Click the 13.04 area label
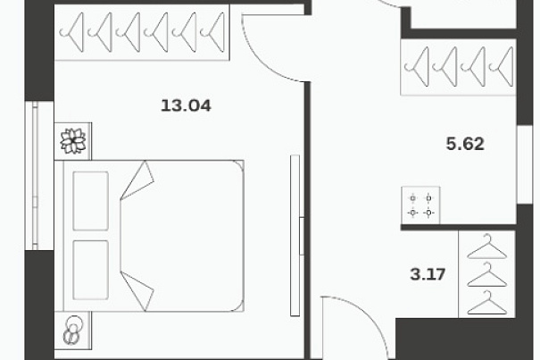click(186, 105)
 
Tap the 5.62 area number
click(465, 144)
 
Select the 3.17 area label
click(428, 274)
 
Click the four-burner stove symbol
click(420, 205)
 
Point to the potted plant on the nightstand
click(73, 141)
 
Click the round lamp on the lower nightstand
click(73, 330)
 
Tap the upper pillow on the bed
click(91, 201)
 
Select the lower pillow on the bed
click(91, 270)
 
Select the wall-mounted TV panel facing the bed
click(295, 236)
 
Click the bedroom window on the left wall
click(35, 176)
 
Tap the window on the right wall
click(525, 164)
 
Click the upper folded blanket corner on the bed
click(137, 180)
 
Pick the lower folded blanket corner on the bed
click(137, 291)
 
